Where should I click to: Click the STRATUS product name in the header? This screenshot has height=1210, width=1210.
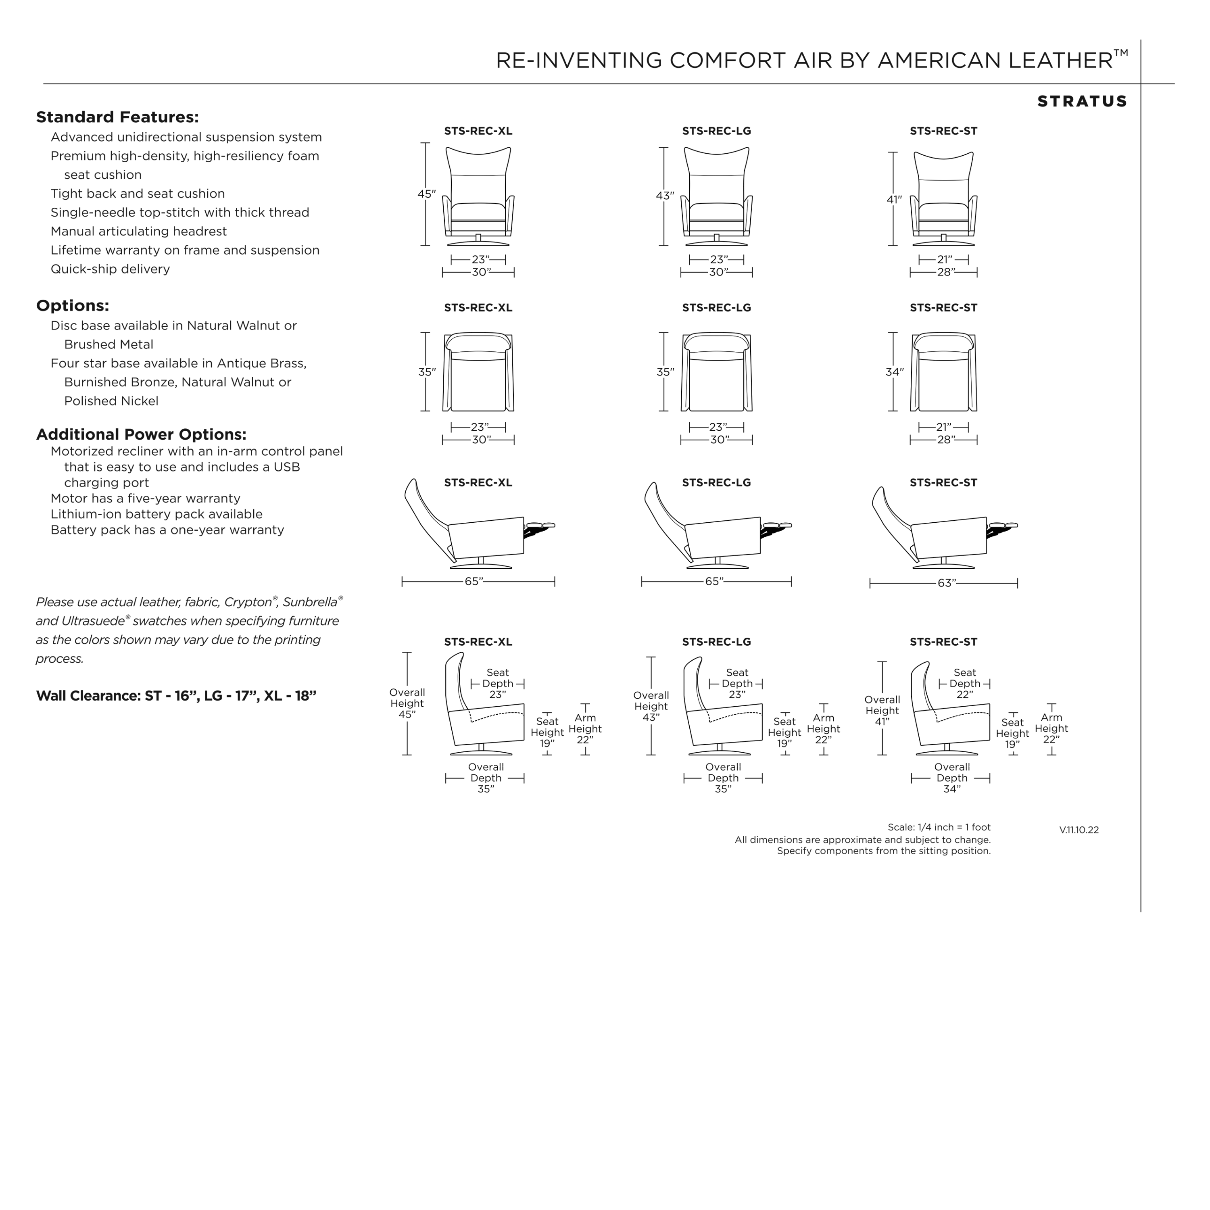1082,102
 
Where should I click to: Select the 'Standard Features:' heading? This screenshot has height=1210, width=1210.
117,117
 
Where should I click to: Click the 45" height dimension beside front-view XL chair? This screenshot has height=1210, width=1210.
426,194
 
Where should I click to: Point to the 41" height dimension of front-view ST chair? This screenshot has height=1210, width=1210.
894,199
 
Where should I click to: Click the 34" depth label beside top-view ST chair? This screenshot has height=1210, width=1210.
894,372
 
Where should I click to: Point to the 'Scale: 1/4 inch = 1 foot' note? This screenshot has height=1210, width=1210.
939,827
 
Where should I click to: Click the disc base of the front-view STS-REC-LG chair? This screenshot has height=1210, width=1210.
716,243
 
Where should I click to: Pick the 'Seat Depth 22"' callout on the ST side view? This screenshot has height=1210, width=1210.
964,683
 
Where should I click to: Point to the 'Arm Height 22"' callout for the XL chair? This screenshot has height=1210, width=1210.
585,728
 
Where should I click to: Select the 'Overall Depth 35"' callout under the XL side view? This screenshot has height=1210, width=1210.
486,778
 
